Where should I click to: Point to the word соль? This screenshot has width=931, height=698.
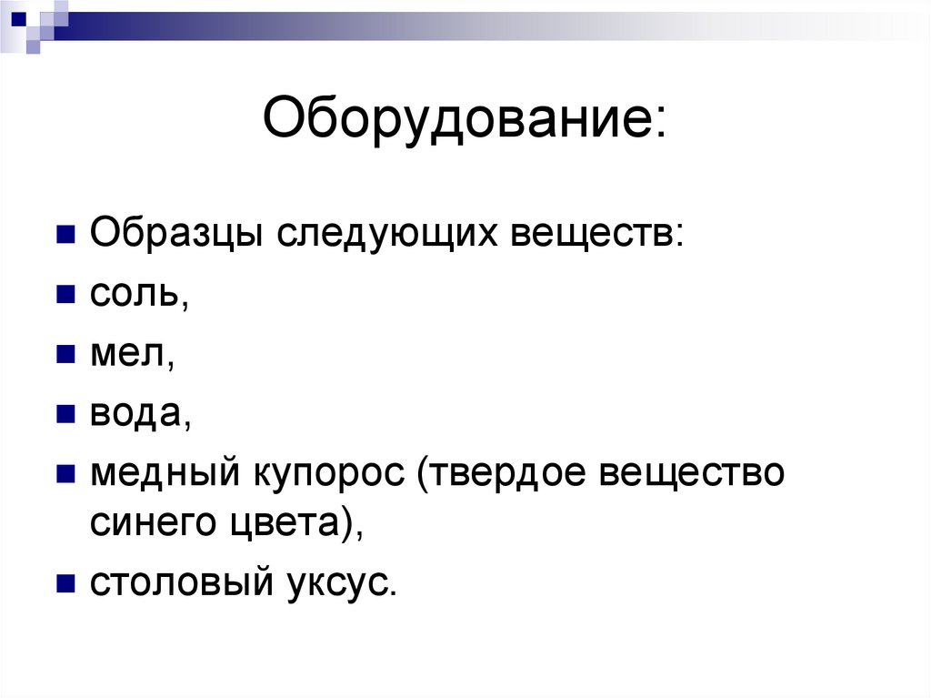pyautogui.click(x=136, y=295)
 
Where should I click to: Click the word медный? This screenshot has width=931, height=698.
pyautogui.click(x=163, y=474)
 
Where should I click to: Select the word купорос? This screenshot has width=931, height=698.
pyautogui.click(x=326, y=476)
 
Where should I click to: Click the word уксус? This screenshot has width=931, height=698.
pyautogui.click(x=341, y=583)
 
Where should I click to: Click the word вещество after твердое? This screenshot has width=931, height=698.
pyautogui.click(x=693, y=474)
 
